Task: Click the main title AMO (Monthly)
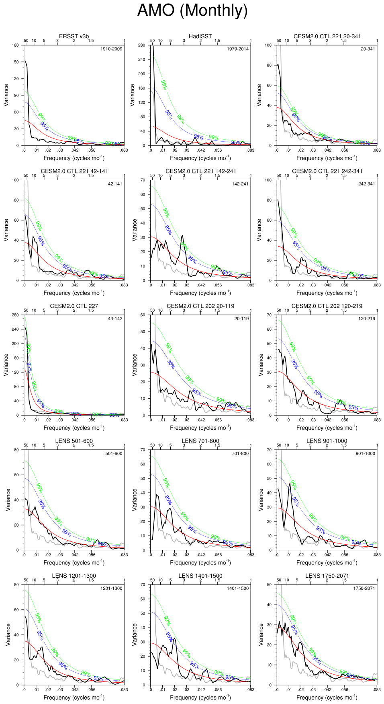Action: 192,10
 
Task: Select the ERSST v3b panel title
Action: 74,36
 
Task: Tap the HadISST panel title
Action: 200,36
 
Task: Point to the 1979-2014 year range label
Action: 238,49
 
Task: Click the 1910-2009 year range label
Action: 111,49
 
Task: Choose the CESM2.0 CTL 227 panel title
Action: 74,306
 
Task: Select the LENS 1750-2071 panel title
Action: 327,576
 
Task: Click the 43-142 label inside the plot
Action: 115,319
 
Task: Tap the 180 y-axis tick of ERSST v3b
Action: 15,45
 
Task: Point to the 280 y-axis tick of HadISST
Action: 141,45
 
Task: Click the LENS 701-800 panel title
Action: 200,441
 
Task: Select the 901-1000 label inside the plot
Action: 365,453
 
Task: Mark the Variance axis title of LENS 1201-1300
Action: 8,635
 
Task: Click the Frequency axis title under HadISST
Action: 200,158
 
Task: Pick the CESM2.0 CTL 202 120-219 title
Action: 327,306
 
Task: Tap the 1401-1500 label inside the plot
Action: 238,588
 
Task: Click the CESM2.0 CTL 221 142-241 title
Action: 201,171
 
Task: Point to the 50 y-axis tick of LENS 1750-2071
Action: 269,585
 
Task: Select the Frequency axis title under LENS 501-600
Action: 74,562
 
